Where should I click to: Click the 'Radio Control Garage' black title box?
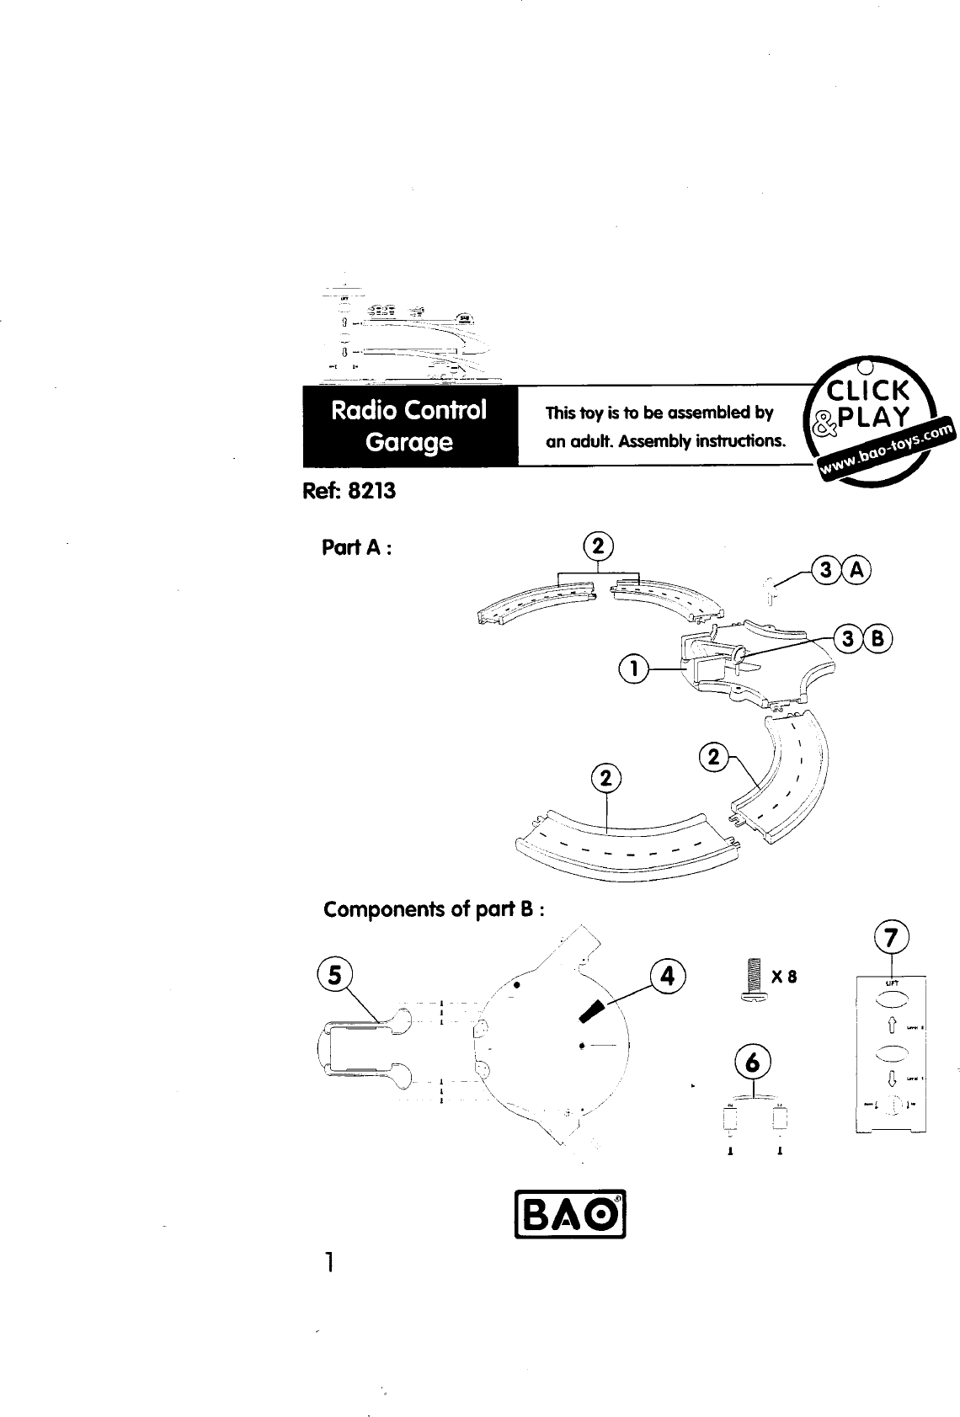click(409, 426)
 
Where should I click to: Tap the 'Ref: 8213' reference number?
click(349, 491)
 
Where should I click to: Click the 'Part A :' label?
click(357, 547)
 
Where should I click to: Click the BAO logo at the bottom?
click(572, 1214)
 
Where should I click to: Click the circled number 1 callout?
click(632, 669)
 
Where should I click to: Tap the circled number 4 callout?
click(668, 977)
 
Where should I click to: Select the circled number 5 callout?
click(335, 975)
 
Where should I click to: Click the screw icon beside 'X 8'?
click(753, 979)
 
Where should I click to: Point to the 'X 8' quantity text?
click(783, 978)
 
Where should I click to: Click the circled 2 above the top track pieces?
click(599, 546)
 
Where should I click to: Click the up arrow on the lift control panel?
click(891, 1026)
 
